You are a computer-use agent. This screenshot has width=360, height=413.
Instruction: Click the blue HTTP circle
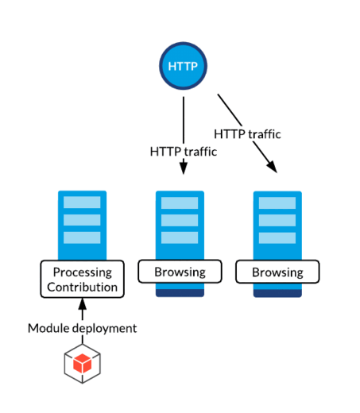[183, 66]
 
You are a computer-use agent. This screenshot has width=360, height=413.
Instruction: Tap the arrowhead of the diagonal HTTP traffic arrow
[273, 167]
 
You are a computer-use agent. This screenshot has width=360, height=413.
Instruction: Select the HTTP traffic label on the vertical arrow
[184, 152]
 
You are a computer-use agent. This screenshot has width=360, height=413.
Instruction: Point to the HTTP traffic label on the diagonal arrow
[247, 134]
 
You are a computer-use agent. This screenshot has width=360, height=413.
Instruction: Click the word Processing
[83, 272]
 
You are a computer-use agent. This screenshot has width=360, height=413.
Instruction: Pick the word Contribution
[83, 287]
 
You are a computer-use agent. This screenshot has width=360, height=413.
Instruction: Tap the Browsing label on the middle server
[180, 272]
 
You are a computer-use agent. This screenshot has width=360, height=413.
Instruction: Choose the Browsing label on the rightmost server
[277, 272]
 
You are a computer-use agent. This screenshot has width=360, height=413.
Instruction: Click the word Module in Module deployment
[48, 328]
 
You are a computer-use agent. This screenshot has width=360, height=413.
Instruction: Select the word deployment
[105, 329]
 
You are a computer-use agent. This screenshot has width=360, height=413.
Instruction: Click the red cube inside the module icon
[83, 363]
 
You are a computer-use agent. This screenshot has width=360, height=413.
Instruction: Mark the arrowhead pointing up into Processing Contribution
[83, 304]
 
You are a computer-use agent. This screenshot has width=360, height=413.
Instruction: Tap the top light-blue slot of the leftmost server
[82, 203]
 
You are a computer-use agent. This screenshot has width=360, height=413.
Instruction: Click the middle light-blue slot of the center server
[180, 220]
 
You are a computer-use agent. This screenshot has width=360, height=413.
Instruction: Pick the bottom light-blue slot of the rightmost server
[277, 238]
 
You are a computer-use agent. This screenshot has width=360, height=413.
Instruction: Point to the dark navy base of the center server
[180, 293]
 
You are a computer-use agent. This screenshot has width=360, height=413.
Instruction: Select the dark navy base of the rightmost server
[277, 293]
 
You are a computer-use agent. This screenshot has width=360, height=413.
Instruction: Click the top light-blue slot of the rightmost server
[277, 203]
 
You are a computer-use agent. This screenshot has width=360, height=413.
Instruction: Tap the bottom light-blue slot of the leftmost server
[82, 237]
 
